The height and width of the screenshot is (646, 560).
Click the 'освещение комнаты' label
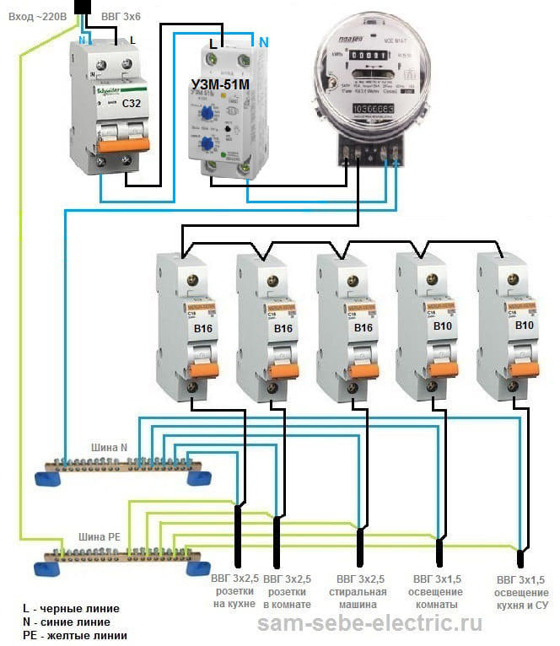point(436,598)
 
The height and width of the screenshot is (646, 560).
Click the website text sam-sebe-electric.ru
point(369,624)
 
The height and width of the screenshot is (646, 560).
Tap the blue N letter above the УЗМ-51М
point(264,41)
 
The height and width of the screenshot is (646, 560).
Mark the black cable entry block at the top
point(84,8)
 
